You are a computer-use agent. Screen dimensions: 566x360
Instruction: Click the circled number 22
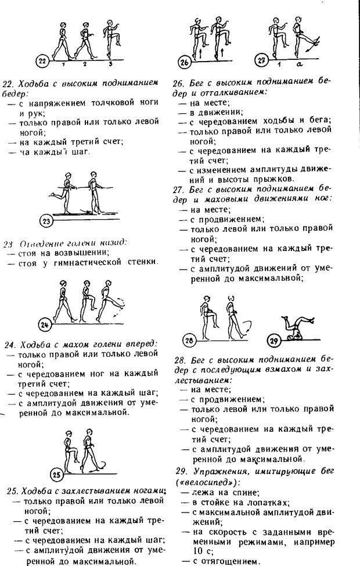(x=41, y=60)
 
